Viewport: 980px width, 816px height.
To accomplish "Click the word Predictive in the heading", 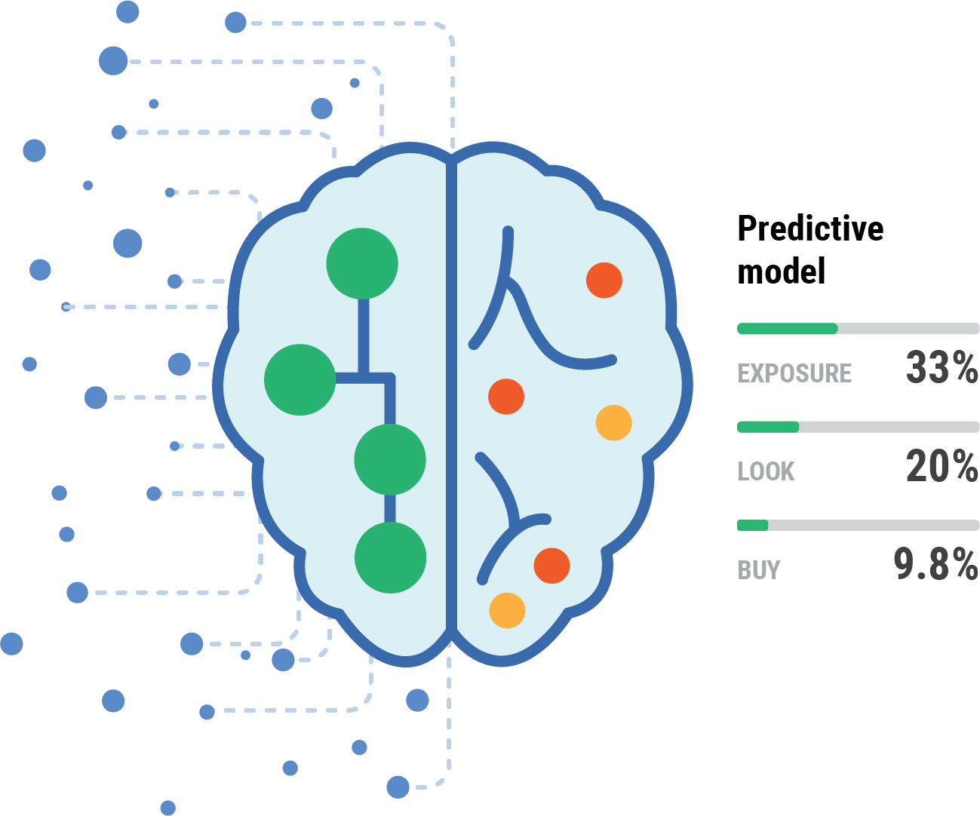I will pyautogui.click(x=809, y=229).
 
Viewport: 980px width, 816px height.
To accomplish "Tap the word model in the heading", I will pyautogui.click(x=781, y=271).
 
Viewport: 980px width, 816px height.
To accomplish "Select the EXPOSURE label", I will pyautogui.click(x=794, y=373).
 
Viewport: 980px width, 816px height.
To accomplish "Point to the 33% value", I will pyautogui.click(x=942, y=367).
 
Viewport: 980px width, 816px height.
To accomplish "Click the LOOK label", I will pyautogui.click(x=766, y=471).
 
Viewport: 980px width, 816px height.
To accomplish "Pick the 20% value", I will pyautogui.click(x=942, y=466).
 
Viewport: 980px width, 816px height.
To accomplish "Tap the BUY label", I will pyautogui.click(x=759, y=570).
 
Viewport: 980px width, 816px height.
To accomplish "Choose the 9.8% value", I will pyautogui.click(x=935, y=564).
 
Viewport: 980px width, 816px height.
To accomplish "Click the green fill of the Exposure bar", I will pyautogui.click(x=787, y=329).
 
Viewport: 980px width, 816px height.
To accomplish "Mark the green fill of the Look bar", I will pyautogui.click(x=767, y=427).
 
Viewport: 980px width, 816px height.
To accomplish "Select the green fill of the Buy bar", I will pyautogui.click(x=752, y=525).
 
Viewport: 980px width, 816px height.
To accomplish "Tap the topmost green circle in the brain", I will pyautogui.click(x=362, y=264).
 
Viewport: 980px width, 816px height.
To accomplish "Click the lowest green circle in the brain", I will pyautogui.click(x=390, y=558).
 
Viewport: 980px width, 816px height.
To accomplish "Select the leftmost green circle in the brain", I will pyautogui.click(x=300, y=379).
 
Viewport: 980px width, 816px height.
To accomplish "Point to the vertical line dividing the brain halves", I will pyautogui.click(x=451, y=392).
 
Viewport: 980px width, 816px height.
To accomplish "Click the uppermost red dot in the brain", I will pyautogui.click(x=604, y=280).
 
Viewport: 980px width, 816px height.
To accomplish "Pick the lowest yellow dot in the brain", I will pyautogui.click(x=507, y=610).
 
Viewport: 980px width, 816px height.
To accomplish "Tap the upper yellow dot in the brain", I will pyautogui.click(x=613, y=423).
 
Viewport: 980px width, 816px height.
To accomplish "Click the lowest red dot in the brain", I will pyautogui.click(x=551, y=566).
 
